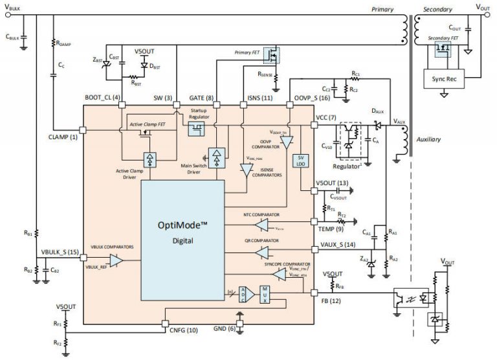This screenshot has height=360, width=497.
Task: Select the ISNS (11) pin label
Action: [249, 98]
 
